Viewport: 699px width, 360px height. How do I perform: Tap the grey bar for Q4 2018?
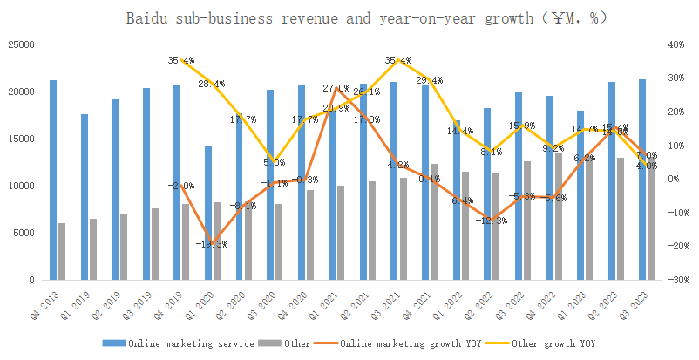(x=62, y=252)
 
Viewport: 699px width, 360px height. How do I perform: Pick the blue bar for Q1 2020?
(x=207, y=213)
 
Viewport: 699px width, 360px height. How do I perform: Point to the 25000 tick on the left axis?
(x=21, y=44)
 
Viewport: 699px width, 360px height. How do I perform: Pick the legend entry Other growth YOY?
(x=552, y=343)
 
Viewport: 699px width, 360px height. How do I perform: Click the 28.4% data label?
(x=212, y=84)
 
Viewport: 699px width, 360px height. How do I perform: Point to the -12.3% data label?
(x=492, y=221)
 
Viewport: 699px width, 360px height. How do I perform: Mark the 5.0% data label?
(x=275, y=162)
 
